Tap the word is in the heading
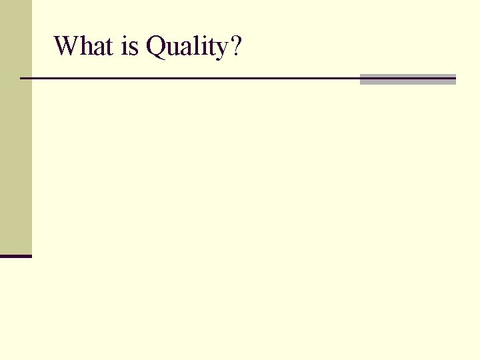point(130,47)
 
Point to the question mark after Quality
point(235,47)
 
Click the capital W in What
point(66,47)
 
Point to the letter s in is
point(134,49)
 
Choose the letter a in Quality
point(187,49)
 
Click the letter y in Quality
point(221,51)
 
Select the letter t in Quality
point(211,47)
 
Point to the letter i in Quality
point(203,47)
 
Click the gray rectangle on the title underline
point(407,79)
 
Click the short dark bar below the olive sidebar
point(15,256)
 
